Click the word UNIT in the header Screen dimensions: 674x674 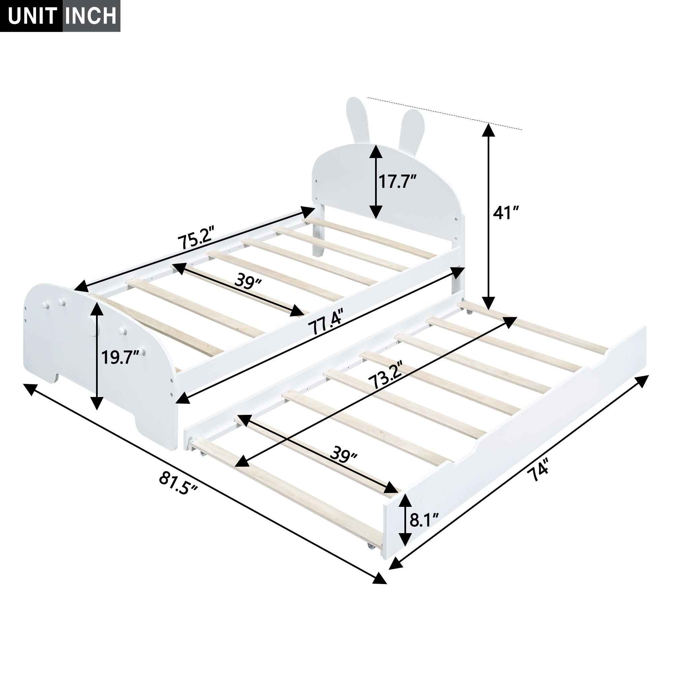click(32, 16)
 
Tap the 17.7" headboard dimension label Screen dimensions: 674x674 click(397, 181)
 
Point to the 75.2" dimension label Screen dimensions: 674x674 click(195, 238)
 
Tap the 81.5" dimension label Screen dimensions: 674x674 click(178, 483)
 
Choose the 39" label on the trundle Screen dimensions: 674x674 click(344, 455)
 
